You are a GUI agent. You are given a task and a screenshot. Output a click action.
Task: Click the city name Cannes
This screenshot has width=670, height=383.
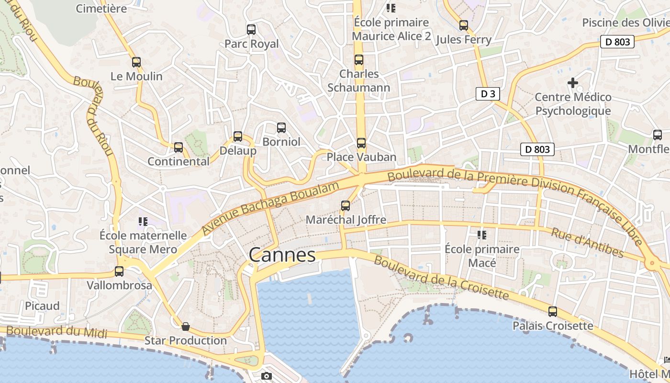pos(282,255)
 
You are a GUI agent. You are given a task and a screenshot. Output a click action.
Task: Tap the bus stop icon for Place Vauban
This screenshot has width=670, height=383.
pos(361,143)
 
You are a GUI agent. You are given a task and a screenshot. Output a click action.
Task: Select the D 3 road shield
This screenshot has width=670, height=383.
pos(488,94)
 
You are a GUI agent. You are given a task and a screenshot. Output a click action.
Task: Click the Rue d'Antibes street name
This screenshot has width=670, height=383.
pos(587,243)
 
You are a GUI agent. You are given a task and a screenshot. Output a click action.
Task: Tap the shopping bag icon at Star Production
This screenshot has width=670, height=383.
pos(186,327)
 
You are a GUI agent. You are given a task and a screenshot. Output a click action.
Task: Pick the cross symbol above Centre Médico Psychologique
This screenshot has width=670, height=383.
pos(572,83)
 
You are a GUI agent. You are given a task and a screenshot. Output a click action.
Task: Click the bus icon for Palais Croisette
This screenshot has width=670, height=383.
pos(553,312)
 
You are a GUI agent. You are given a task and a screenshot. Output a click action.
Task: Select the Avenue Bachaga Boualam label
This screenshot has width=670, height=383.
pos(270,208)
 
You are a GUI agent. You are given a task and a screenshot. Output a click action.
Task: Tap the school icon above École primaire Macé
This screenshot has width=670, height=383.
pos(481,235)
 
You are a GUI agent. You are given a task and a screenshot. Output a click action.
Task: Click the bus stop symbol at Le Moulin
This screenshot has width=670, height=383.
pos(136,62)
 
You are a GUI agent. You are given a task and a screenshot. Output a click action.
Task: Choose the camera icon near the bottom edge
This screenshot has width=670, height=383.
pos(267,376)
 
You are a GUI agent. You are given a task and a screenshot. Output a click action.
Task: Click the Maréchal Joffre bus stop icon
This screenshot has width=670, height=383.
pos(346,206)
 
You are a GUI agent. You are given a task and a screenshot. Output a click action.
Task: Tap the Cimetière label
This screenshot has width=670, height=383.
pos(101,8)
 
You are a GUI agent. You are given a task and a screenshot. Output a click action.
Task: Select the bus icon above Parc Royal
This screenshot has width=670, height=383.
pos(251,30)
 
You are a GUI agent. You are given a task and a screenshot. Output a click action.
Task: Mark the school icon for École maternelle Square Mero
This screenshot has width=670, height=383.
pos(143,221)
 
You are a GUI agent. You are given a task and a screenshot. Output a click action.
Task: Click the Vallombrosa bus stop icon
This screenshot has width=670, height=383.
pos(119,271)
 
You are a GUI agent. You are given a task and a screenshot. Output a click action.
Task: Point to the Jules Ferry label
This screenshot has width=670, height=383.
pos(464,39)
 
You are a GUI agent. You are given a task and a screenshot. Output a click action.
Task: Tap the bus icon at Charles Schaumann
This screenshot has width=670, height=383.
pos(359,60)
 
